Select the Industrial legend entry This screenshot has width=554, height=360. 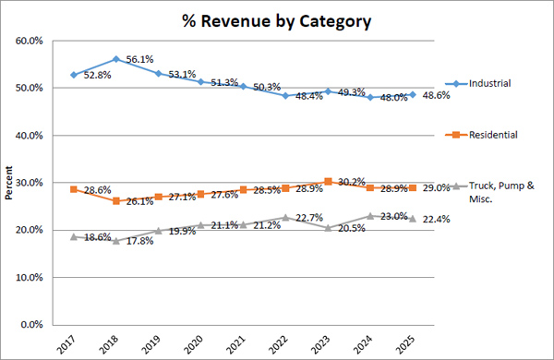pos(490,83)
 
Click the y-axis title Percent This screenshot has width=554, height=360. pos(9,183)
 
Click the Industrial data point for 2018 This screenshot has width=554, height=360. pos(114,59)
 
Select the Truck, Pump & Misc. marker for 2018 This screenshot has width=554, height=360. pos(114,241)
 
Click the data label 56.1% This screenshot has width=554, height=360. pos(139,58)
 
